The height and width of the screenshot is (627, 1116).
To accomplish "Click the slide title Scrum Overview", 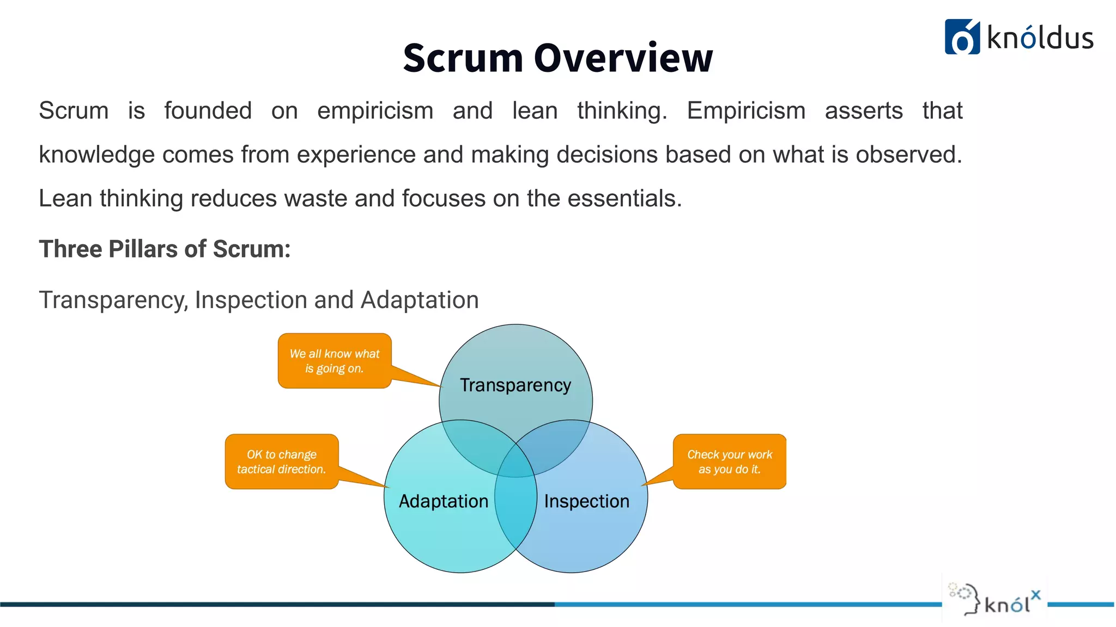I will click(557, 58).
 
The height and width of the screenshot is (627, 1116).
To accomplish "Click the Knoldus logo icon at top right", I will click(962, 37).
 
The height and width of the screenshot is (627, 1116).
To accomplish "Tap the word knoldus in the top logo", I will click(1040, 38).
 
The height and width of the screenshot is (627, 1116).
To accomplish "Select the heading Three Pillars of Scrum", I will click(165, 249).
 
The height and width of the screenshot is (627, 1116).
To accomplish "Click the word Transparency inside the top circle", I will click(515, 385).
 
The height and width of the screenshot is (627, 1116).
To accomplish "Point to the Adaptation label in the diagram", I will click(443, 501).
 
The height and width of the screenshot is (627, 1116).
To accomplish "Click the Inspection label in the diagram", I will click(586, 501).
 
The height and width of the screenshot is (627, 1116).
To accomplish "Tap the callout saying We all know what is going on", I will click(334, 361).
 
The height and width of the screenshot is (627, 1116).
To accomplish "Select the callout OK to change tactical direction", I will click(281, 462).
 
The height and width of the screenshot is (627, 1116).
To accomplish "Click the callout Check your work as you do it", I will click(729, 462).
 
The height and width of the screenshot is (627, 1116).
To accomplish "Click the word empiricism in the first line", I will click(375, 111).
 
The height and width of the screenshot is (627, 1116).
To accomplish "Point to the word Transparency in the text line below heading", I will click(113, 300).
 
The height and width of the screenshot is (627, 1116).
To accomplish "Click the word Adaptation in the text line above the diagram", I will click(420, 300).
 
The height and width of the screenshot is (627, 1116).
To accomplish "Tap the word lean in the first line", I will click(535, 111).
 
